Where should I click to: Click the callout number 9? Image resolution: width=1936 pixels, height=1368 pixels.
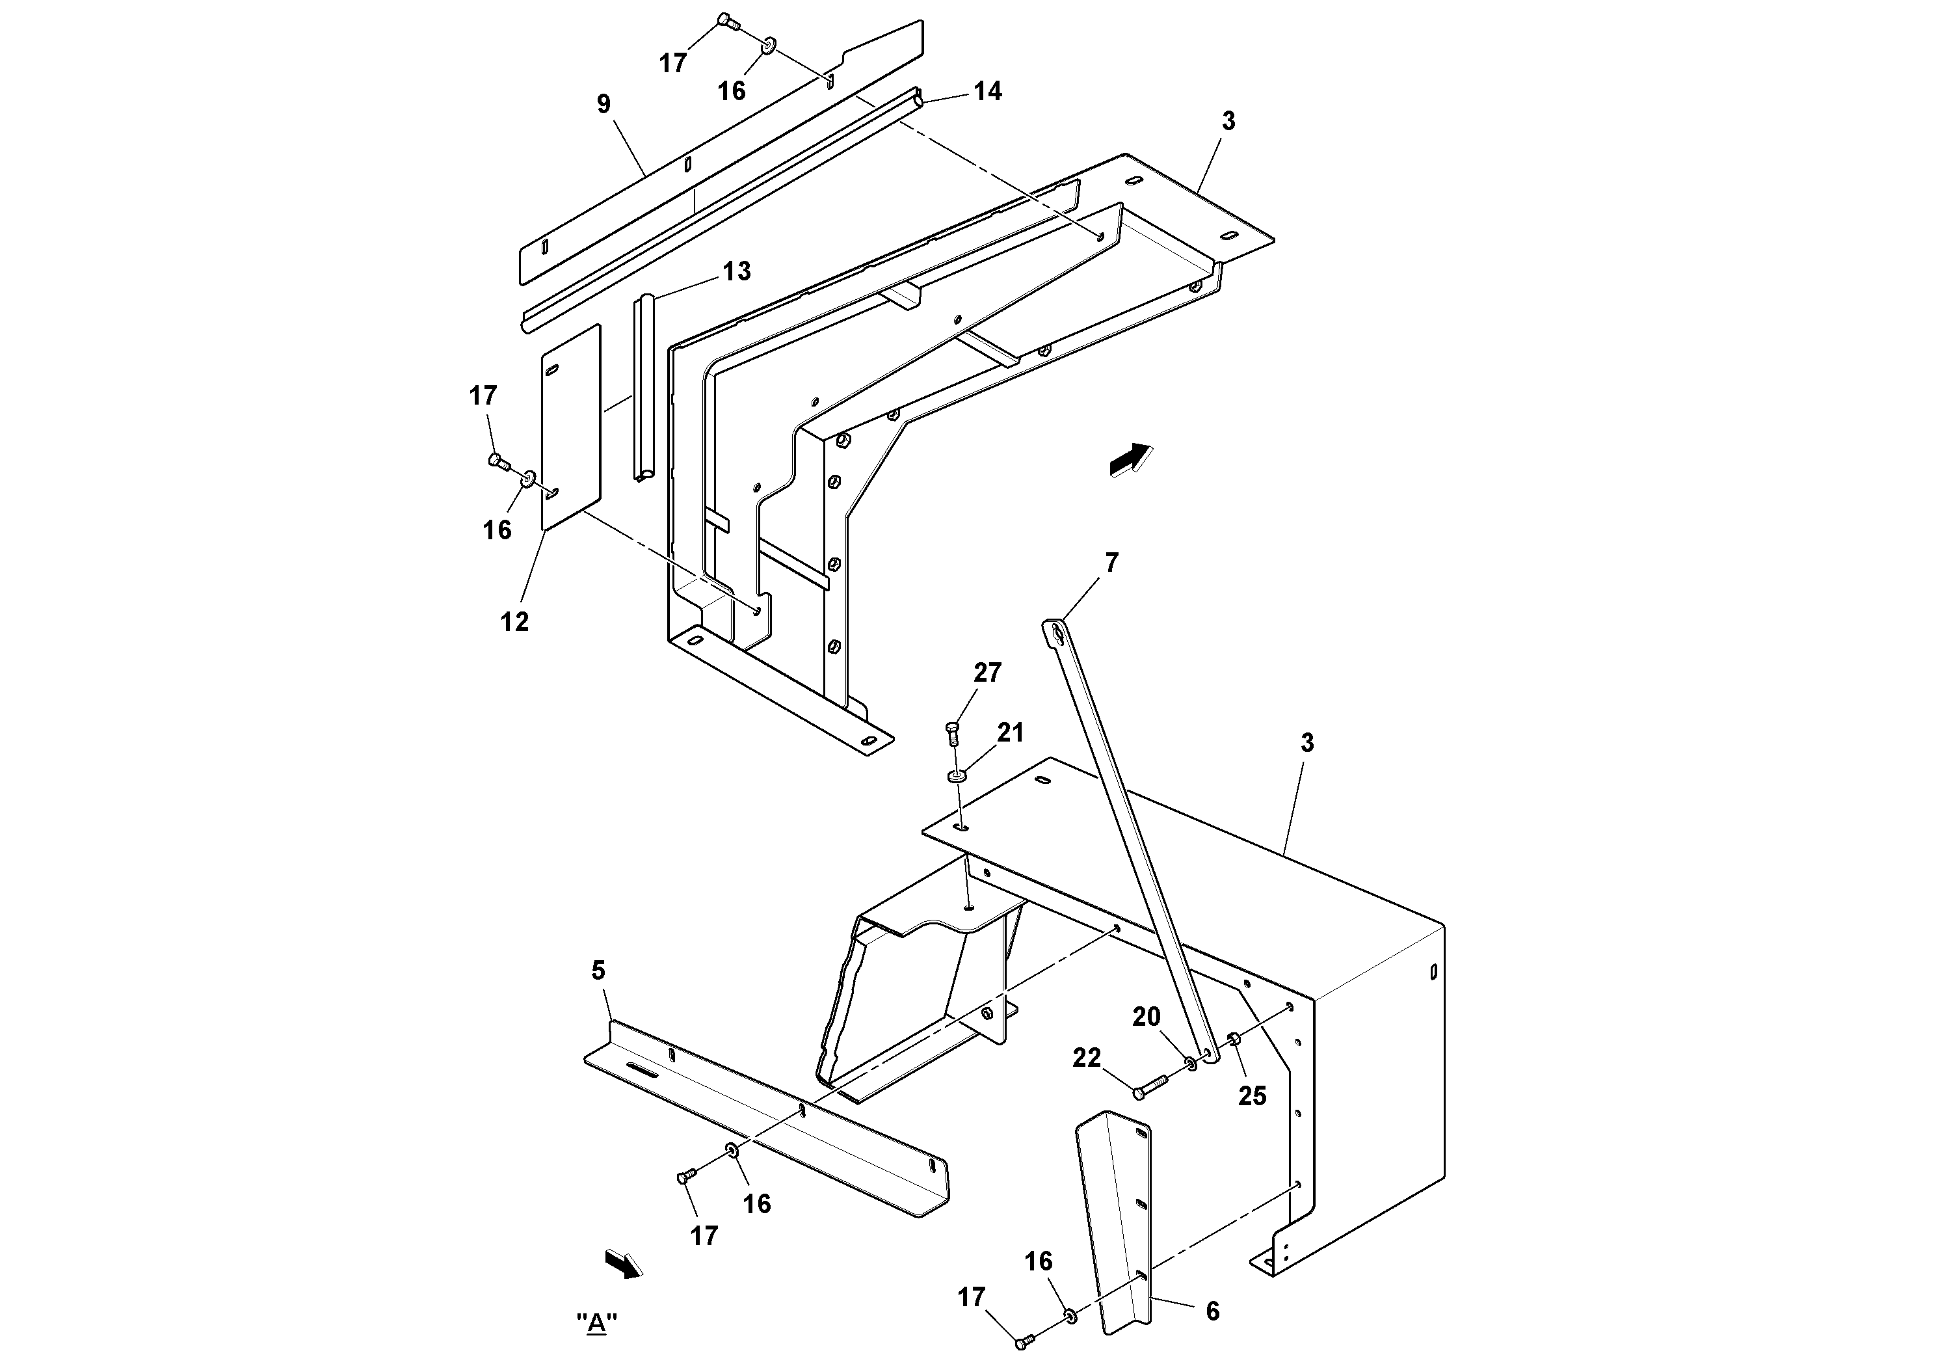(603, 103)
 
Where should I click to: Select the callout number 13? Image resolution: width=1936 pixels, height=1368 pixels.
(736, 271)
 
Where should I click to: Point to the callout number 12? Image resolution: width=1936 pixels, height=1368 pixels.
(514, 622)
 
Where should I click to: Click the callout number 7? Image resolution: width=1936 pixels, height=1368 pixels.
(1111, 563)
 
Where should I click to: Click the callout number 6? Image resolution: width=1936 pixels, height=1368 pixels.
(1213, 1311)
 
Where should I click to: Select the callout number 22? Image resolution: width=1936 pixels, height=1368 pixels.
(1087, 1058)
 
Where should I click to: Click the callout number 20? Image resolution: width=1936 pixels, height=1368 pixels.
(1146, 1018)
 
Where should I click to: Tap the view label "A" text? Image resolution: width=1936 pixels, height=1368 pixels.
(597, 1322)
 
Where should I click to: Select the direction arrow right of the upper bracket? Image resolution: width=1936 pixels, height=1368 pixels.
(1130, 461)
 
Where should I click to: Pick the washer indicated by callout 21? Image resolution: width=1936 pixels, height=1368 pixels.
(958, 775)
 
